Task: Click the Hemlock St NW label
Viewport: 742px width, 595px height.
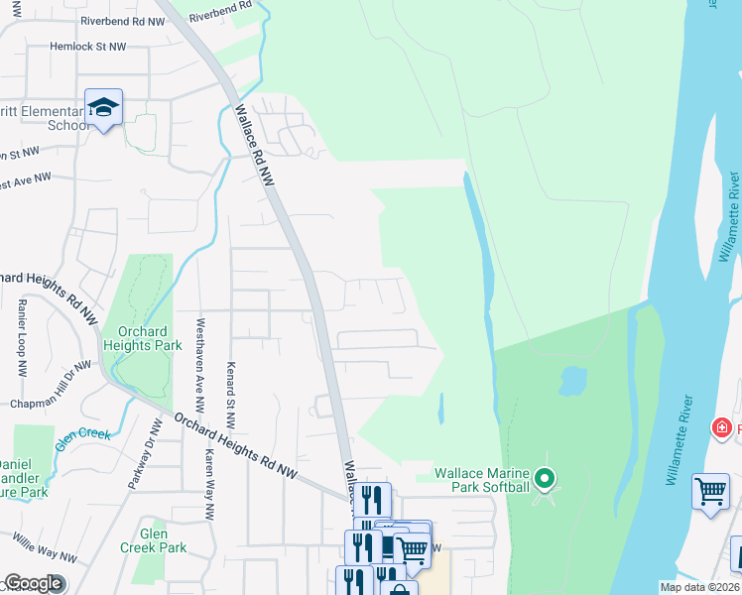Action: click(x=88, y=47)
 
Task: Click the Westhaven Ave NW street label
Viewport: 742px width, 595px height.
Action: click(x=200, y=365)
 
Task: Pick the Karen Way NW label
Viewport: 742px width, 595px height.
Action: click(x=210, y=488)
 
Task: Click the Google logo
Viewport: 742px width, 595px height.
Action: click(x=34, y=583)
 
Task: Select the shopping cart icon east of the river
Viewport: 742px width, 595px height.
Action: click(x=710, y=491)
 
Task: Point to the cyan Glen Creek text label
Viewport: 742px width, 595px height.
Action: click(x=77, y=437)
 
